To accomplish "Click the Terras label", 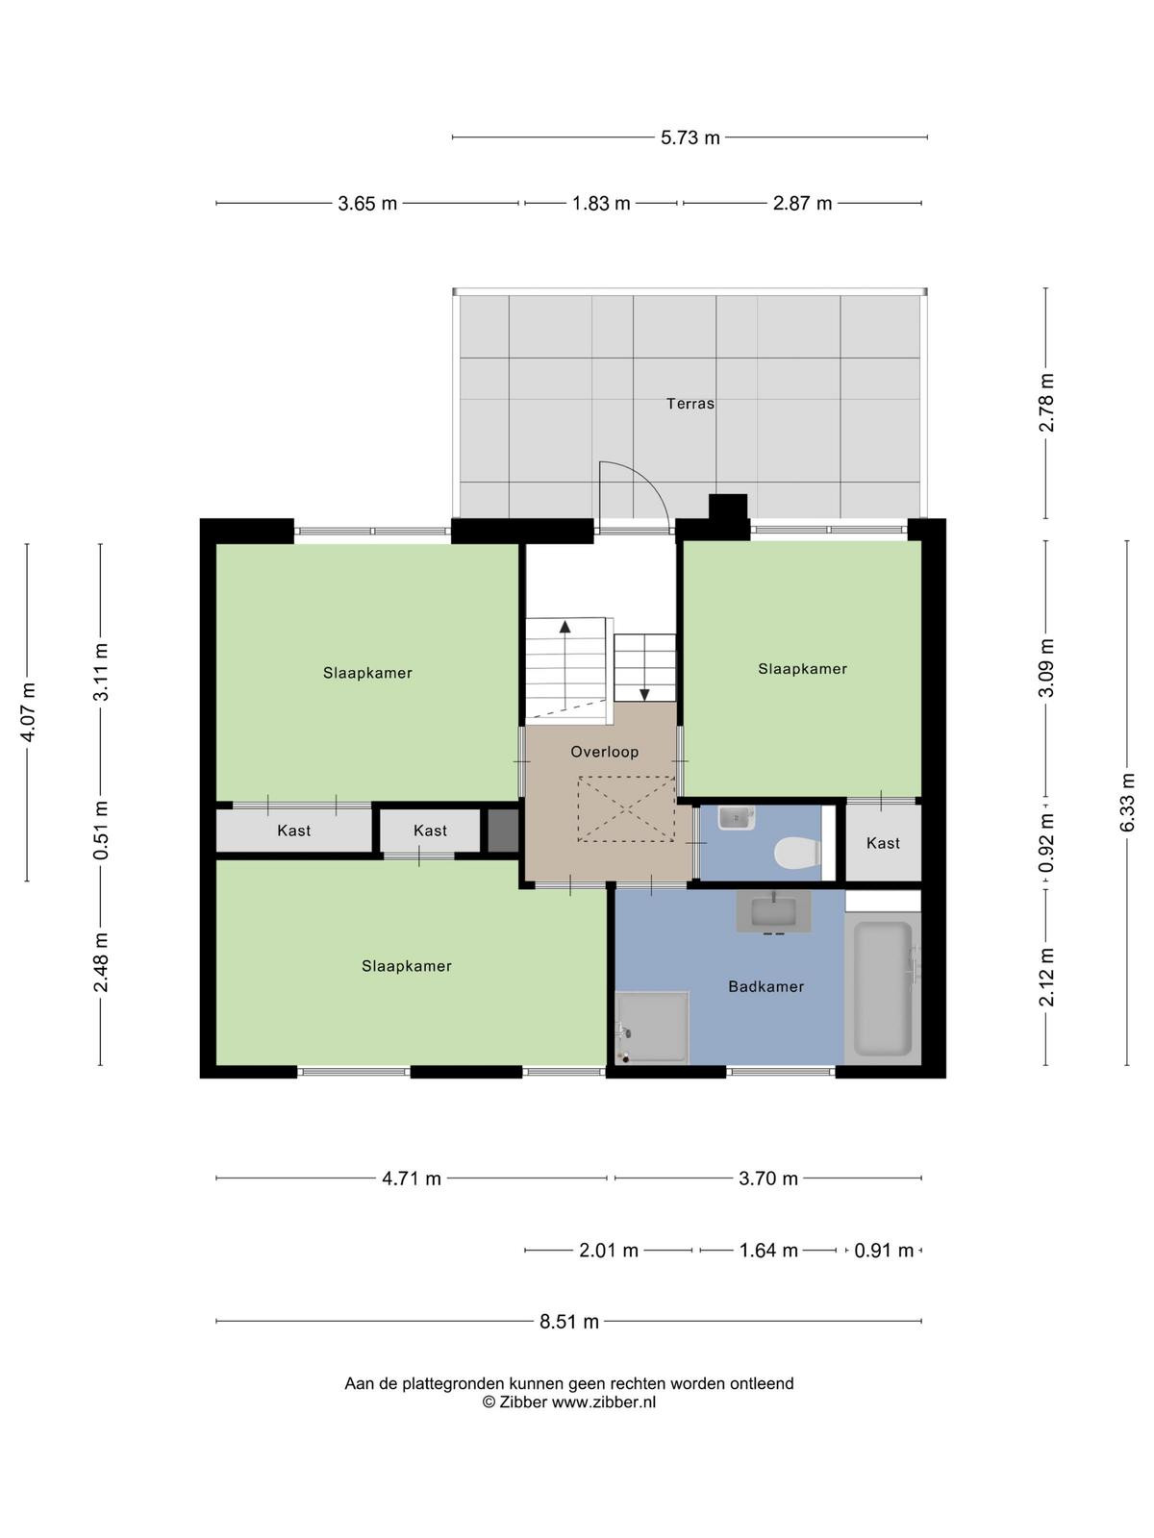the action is click(x=690, y=403).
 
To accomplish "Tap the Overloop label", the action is click(x=604, y=752).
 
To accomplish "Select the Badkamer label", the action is click(x=765, y=986).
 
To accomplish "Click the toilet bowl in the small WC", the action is click(x=797, y=853).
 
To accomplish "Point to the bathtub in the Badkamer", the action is click(x=882, y=989).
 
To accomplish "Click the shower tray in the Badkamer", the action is click(x=652, y=1028).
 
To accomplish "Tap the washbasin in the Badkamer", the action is click(x=773, y=911).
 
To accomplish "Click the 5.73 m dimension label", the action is click(x=690, y=138).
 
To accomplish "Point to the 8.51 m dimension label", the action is click(x=569, y=1322).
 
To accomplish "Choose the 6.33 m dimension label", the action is click(x=1127, y=803).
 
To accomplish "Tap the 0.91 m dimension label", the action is click(x=884, y=1250).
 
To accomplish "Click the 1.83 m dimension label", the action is click(x=601, y=203).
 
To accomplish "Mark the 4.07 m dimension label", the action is click(x=27, y=712).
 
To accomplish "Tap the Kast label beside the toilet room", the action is click(x=883, y=843).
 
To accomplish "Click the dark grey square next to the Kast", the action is click(x=503, y=831).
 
